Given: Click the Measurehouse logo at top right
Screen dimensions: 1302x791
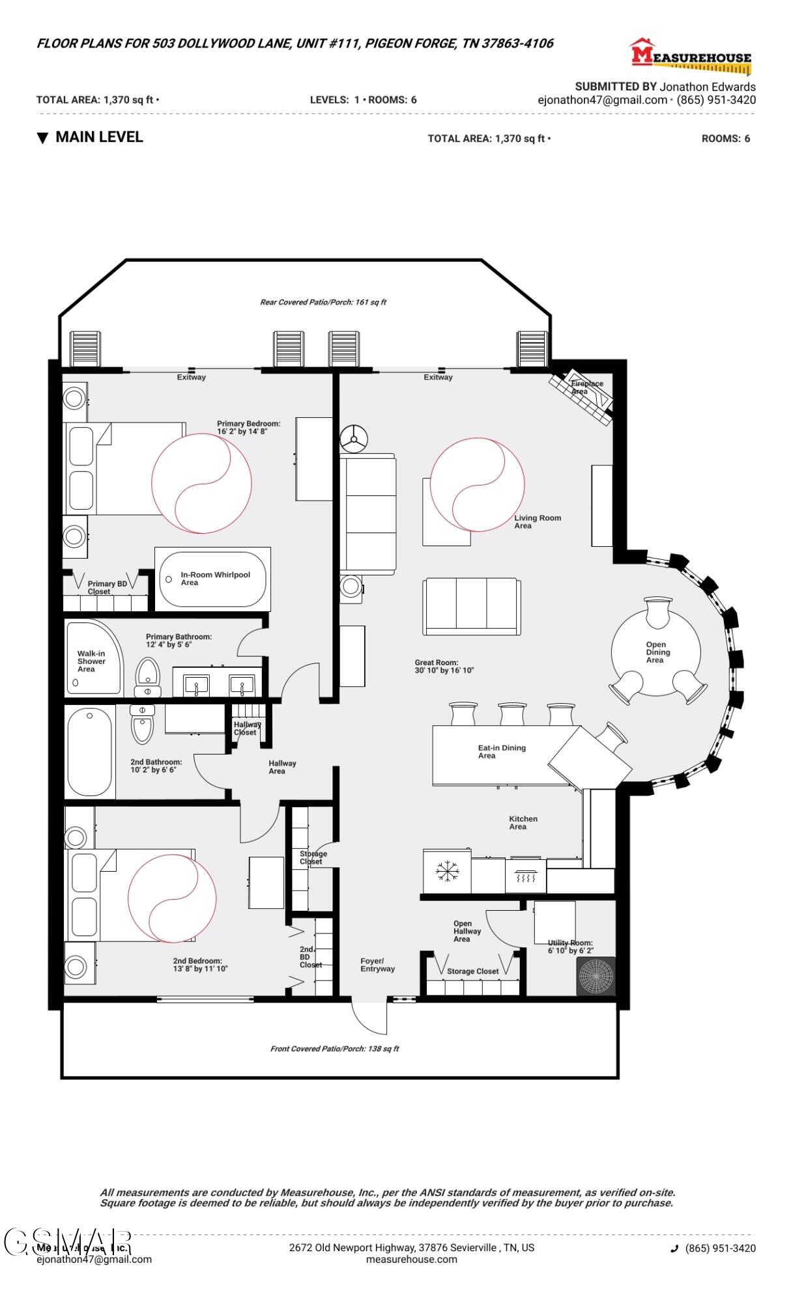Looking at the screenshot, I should pos(691,55).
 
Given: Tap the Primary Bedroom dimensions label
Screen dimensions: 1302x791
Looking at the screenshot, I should pos(248,428).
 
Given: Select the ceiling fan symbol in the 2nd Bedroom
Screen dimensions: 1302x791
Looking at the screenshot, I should pos(171,898).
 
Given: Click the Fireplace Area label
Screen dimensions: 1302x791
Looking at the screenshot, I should pos(586,387).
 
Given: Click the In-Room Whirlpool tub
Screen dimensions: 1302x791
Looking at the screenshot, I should pos(213,579).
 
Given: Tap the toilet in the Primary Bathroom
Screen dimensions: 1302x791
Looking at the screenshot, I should pos(148,677).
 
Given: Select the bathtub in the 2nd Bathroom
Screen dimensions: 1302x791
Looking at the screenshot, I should pos(90,752).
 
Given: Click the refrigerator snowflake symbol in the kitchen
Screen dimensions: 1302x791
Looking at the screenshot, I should pos(447,871).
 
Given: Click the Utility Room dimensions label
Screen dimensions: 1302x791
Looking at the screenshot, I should pos(570,947).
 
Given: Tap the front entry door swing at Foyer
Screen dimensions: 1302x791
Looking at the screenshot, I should pos(369,1016).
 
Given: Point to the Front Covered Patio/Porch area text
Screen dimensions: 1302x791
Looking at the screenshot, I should pos(334,1049).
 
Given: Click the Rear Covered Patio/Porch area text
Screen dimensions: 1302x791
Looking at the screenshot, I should pos(323,302).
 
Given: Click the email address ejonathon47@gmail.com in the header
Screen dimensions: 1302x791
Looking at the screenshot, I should pos(602,100).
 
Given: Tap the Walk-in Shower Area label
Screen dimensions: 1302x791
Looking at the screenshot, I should pos(91,661).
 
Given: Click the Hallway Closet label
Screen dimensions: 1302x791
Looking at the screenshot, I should pos(247,728).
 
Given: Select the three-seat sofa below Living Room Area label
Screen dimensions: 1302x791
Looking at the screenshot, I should pos(472,606).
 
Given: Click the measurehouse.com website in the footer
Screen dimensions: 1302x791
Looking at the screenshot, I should pos(411,1259).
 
